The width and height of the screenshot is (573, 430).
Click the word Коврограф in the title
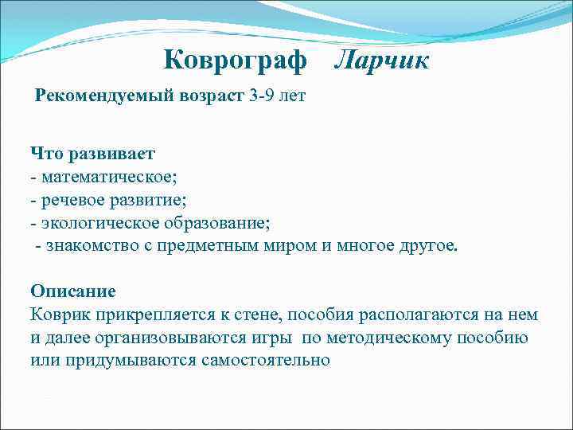235,60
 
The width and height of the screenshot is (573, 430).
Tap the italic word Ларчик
381,60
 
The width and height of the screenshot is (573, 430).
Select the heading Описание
73,291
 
